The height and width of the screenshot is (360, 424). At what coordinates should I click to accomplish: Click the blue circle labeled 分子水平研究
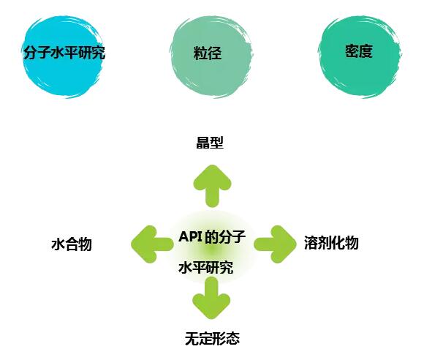(63, 56)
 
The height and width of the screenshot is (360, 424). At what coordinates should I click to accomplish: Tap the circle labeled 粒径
(211, 56)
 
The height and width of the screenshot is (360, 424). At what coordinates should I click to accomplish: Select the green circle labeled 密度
(360, 56)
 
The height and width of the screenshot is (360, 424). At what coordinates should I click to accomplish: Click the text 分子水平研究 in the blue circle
(64, 53)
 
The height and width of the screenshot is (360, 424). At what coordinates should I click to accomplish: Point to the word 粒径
(208, 53)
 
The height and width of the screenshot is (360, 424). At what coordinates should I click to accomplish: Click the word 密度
(359, 51)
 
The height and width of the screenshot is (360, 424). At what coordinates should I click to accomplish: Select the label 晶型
(210, 143)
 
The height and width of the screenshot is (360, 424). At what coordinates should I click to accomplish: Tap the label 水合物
(72, 244)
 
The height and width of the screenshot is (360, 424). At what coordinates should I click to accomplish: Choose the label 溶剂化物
(331, 242)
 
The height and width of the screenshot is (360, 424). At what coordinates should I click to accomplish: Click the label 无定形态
(212, 338)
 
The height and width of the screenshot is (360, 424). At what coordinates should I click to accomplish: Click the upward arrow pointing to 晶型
(212, 186)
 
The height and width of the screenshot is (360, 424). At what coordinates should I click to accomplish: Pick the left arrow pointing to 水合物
(152, 244)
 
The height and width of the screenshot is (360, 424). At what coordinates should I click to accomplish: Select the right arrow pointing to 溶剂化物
(276, 244)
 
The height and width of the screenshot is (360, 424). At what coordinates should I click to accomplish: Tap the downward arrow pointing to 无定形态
(211, 298)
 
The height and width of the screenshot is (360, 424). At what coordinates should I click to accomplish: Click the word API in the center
(191, 236)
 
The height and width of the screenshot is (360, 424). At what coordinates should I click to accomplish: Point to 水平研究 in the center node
(205, 268)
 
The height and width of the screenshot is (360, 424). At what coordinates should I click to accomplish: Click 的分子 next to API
(225, 236)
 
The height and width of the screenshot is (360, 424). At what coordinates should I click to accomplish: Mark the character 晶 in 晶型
(202, 143)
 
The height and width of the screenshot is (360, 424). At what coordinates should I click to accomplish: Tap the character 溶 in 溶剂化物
(311, 242)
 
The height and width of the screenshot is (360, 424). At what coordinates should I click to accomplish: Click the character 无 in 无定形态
(192, 338)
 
